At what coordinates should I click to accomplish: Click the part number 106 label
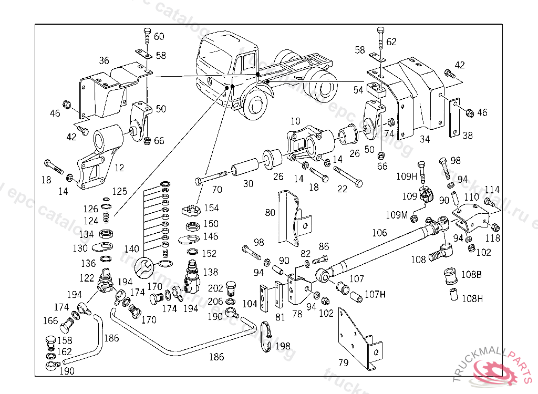click(379, 233)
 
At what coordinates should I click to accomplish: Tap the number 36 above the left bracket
click(104, 60)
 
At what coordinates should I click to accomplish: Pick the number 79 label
click(344, 362)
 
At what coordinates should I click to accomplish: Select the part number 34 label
click(425, 139)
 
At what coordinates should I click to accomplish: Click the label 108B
click(471, 274)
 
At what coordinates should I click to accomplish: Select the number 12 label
click(119, 168)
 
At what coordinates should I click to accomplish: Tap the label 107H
click(375, 295)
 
